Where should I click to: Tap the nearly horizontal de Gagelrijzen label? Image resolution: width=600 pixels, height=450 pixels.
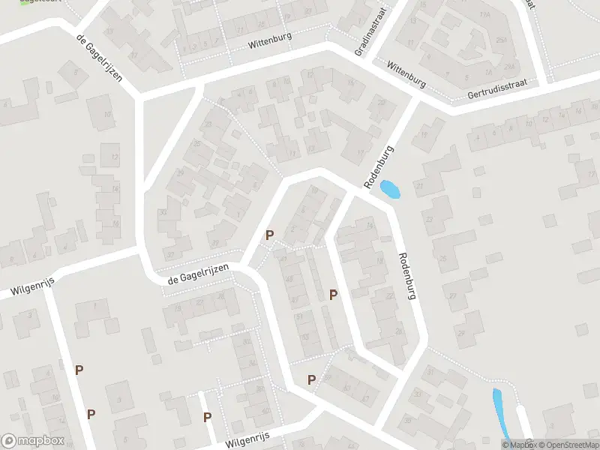198,275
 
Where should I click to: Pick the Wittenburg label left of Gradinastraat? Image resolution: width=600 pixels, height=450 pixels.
269,43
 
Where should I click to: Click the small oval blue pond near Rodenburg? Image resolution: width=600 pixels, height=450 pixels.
390,190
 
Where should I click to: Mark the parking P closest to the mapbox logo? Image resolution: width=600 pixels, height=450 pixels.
91,413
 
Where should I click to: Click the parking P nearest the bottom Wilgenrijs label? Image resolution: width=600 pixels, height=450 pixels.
208,417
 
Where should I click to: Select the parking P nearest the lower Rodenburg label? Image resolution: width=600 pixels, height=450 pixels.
333,295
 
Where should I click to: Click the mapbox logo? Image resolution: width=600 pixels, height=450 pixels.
32,441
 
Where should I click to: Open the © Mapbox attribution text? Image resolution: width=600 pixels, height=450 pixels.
520,445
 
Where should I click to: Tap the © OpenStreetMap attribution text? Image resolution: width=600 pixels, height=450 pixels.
568,445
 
